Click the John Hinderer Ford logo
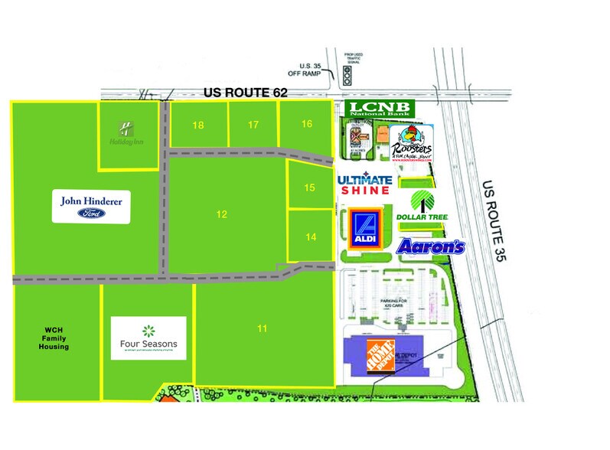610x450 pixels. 92,207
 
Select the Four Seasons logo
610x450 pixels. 148,337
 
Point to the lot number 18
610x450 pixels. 198,125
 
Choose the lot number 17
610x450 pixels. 253,124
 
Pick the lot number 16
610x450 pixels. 307,124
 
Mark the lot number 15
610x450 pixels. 309,187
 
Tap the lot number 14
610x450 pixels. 310,237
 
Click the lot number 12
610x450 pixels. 221,215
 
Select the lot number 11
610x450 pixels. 262,329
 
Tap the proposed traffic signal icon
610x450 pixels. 347,75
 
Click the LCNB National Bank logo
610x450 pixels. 378,109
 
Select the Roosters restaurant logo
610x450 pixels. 412,142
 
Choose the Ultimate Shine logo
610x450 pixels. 365,184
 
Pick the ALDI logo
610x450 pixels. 367,229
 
